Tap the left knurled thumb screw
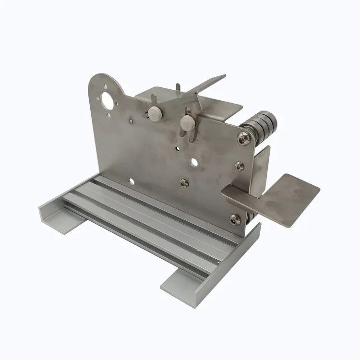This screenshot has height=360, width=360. [154, 114]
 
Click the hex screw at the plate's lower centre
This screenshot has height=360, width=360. [184, 182]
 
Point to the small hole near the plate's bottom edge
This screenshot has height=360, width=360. [131, 181]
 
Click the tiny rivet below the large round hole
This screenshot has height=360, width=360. [131, 122]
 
